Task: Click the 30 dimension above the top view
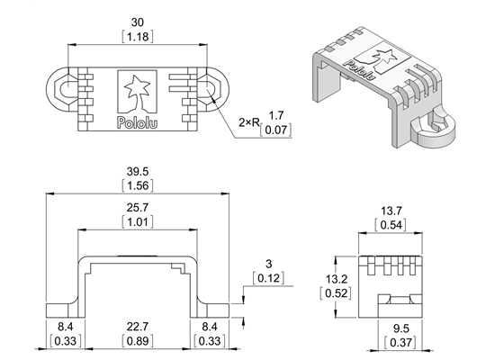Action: (138, 22)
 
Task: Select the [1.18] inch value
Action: (138, 38)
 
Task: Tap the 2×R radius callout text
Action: (249, 121)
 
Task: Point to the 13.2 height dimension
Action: (336, 277)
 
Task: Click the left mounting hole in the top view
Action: (65, 89)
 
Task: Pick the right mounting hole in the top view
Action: (208, 89)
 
